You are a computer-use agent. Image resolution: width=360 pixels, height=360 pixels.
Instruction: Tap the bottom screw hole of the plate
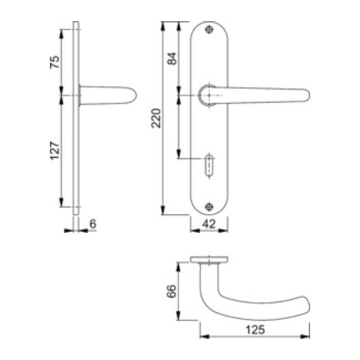tap(211, 205)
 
